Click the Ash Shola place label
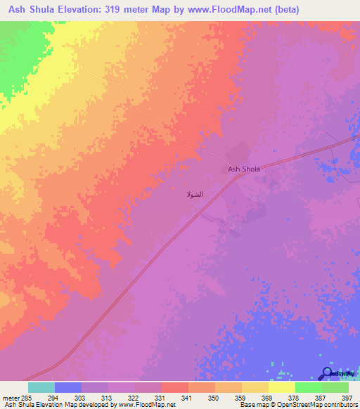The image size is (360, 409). pyautogui.click(x=244, y=169)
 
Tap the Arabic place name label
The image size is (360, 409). pyautogui.click(x=193, y=193)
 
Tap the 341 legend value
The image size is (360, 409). pyautogui.click(x=186, y=397)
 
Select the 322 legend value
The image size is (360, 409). pyautogui.click(x=134, y=397)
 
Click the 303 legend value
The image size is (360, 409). pyautogui.click(x=81, y=397)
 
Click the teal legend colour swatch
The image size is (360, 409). pyautogui.click(x=41, y=387)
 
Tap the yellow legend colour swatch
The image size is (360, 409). pyautogui.click(x=281, y=387)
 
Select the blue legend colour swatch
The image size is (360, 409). pyautogui.click(x=68, y=387)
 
